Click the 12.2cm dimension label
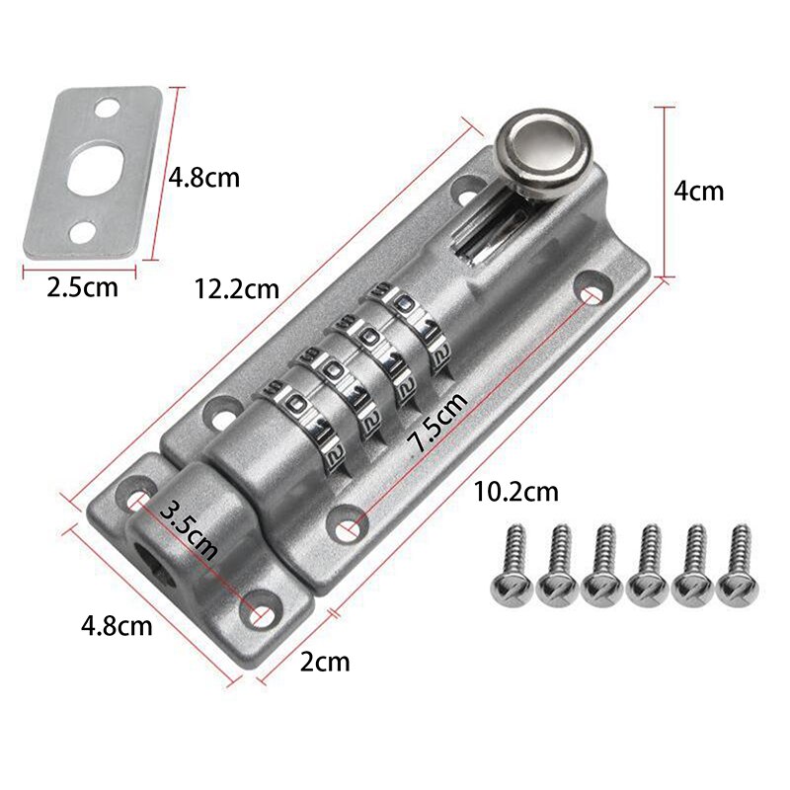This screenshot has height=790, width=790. point(237,289)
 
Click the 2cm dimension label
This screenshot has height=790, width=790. point(325,662)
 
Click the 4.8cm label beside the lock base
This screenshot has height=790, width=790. point(117,625)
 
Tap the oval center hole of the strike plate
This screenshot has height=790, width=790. point(95,168)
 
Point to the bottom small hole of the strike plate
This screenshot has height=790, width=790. point(80,233)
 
